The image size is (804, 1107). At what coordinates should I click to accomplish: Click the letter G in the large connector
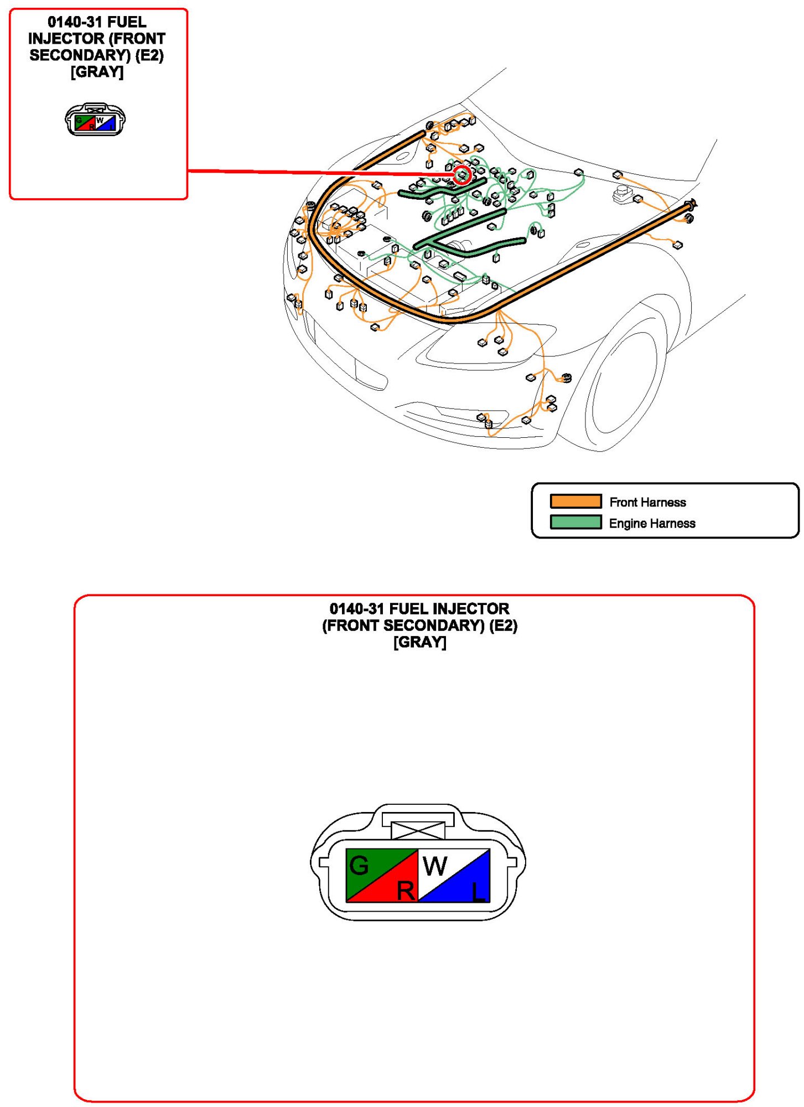pos(359,866)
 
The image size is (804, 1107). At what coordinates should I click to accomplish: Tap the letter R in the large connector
pos(406,891)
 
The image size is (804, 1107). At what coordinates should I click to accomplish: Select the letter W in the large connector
pos(435,866)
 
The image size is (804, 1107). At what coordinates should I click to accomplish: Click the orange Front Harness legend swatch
pos(575,501)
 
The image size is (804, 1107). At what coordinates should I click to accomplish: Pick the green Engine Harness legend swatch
pos(575,523)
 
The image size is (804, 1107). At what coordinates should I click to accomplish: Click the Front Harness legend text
pos(647,502)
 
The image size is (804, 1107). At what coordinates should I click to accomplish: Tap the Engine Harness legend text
pos(652,523)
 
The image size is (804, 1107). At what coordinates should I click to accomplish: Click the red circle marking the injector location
pos(462,175)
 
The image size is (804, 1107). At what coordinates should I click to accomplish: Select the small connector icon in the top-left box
pos(95,120)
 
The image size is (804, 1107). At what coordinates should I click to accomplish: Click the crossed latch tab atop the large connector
pos(418,830)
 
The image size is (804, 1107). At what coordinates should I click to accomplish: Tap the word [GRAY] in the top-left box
pos(97,72)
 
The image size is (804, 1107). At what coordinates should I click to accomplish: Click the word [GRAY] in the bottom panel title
pos(419,642)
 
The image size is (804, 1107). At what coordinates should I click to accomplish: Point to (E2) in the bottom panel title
pos(503,625)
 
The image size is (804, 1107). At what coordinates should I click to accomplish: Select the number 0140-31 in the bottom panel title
pos(357,609)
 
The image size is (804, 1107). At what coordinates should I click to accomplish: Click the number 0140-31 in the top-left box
pos(75,22)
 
